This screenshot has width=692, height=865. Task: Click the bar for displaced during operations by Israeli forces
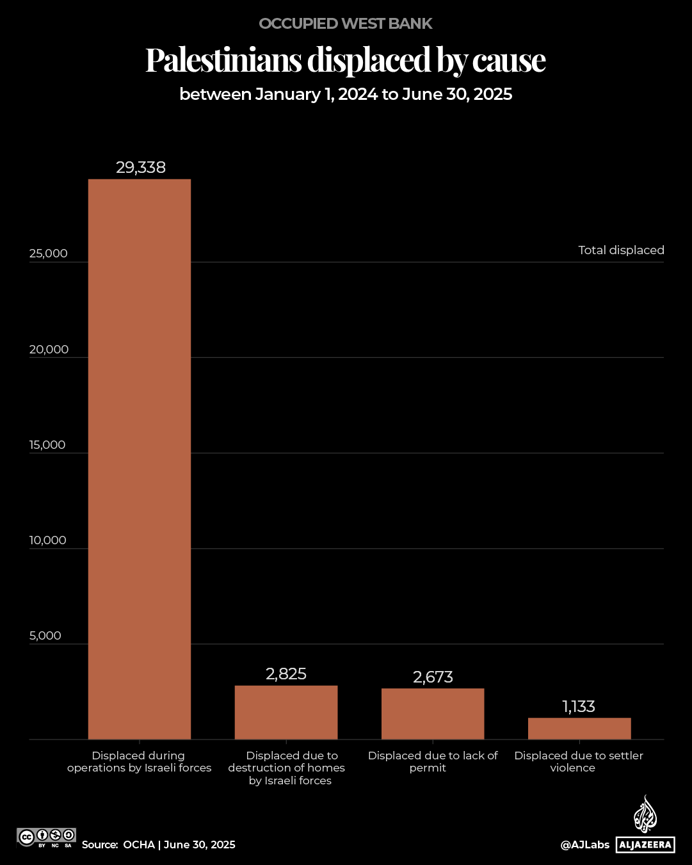[140, 459]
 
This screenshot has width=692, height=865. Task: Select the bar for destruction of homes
[286, 712]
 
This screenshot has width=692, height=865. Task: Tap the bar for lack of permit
[433, 713]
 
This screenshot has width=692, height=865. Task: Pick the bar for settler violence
[579, 728]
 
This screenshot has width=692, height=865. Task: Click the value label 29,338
[141, 168]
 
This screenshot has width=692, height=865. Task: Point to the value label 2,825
[286, 674]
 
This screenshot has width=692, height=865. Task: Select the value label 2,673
[433, 677]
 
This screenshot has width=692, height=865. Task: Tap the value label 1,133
[579, 706]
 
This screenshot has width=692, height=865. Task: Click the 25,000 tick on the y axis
[48, 254]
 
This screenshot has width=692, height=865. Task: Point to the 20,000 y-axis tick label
[49, 350]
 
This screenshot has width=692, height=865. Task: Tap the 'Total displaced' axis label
[621, 250]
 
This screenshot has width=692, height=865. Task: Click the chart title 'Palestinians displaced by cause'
[346, 60]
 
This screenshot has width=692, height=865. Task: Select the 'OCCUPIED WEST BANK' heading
[346, 24]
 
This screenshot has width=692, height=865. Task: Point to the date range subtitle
[346, 94]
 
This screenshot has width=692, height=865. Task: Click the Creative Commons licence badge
[47, 837]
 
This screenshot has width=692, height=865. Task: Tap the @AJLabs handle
[585, 845]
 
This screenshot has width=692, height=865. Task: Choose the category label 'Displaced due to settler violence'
[579, 762]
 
